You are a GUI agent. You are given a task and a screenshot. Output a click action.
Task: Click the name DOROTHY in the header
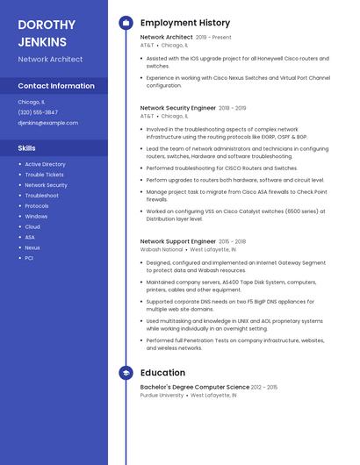47,25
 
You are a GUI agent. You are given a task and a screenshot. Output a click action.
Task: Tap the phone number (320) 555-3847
38,112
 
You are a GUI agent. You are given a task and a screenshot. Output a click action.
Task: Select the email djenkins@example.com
47,123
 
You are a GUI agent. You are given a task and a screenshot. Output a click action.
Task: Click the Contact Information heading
56,86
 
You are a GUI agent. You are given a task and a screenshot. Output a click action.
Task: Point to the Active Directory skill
45,164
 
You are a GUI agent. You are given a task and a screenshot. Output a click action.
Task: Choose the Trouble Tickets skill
44,175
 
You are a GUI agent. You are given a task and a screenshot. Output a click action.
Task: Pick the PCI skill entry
29,258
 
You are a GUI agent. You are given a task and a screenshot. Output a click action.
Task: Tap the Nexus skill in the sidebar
32,247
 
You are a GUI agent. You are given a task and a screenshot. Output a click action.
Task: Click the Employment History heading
185,23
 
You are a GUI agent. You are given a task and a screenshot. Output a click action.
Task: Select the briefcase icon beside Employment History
126,23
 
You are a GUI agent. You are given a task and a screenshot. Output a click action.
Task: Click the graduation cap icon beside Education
126,373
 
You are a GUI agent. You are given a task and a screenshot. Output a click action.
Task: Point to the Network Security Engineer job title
178,108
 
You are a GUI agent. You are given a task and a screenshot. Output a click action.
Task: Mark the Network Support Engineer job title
178,241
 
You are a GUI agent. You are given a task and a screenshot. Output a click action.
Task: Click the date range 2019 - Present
213,38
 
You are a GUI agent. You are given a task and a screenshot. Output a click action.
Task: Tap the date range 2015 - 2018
233,241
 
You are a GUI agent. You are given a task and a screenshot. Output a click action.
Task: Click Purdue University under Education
162,396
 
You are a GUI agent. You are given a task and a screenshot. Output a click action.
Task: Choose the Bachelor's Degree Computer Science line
195,387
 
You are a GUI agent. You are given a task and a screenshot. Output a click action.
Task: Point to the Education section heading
162,373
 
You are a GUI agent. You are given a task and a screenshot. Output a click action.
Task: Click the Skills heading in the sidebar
27,148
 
